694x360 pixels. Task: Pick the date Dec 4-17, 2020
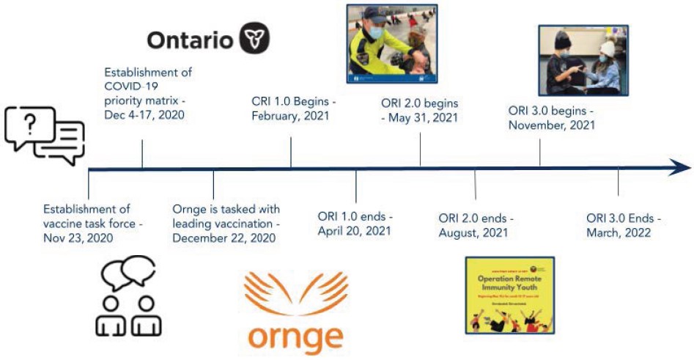144,114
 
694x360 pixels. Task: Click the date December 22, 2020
224,238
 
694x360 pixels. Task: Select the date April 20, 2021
354,231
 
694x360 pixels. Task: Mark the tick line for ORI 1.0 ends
356,186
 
